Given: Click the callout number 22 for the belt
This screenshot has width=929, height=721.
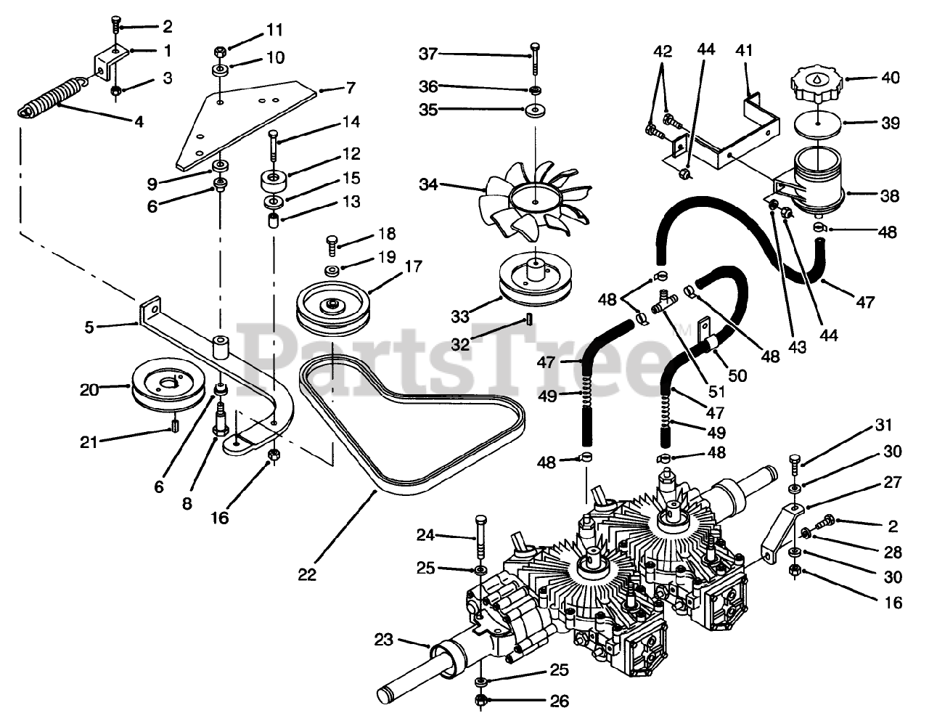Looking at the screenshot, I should coord(307,574).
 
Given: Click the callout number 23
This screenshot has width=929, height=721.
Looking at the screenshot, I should coord(384,640).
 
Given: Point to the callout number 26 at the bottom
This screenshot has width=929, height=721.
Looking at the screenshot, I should coord(559,701).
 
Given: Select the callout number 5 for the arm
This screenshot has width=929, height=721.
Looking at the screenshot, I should coord(89,327).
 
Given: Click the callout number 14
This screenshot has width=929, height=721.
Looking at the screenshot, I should coord(352,122).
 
